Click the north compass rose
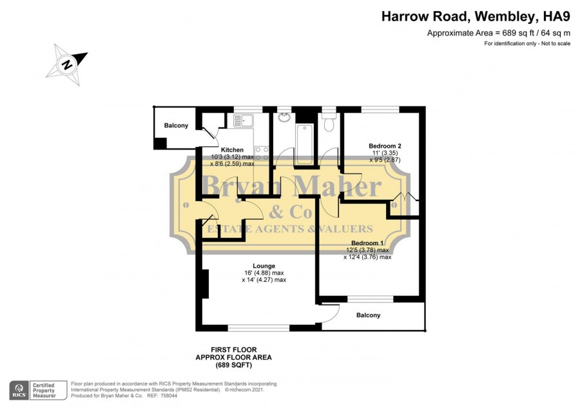pyautogui.click(x=67, y=64)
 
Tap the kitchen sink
pyautogui.click(x=243, y=121)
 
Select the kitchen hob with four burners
pyautogui.click(x=262, y=153)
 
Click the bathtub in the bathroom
pyautogui.click(x=304, y=144)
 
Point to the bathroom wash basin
pyautogui.click(x=284, y=117)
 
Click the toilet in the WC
pyautogui.click(x=329, y=122)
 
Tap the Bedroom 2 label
pyautogui.click(x=385, y=146)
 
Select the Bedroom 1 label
pyautogui.click(x=367, y=243)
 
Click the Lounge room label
pyautogui.click(x=264, y=266)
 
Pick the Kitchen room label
pyautogui.click(x=232, y=150)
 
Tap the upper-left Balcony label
pyautogui.click(x=176, y=126)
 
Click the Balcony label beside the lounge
pyautogui.click(x=368, y=315)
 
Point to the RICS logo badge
pyautogui.click(x=19, y=391)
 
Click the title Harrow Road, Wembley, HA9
pyautogui.click(x=476, y=16)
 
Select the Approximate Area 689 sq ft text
pyautogui.click(x=499, y=33)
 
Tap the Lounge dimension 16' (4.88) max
pyautogui.click(x=264, y=273)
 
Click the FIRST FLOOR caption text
pyautogui.click(x=233, y=349)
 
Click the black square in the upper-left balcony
pyautogui.click(x=160, y=143)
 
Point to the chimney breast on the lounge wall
pyautogui.click(x=206, y=284)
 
